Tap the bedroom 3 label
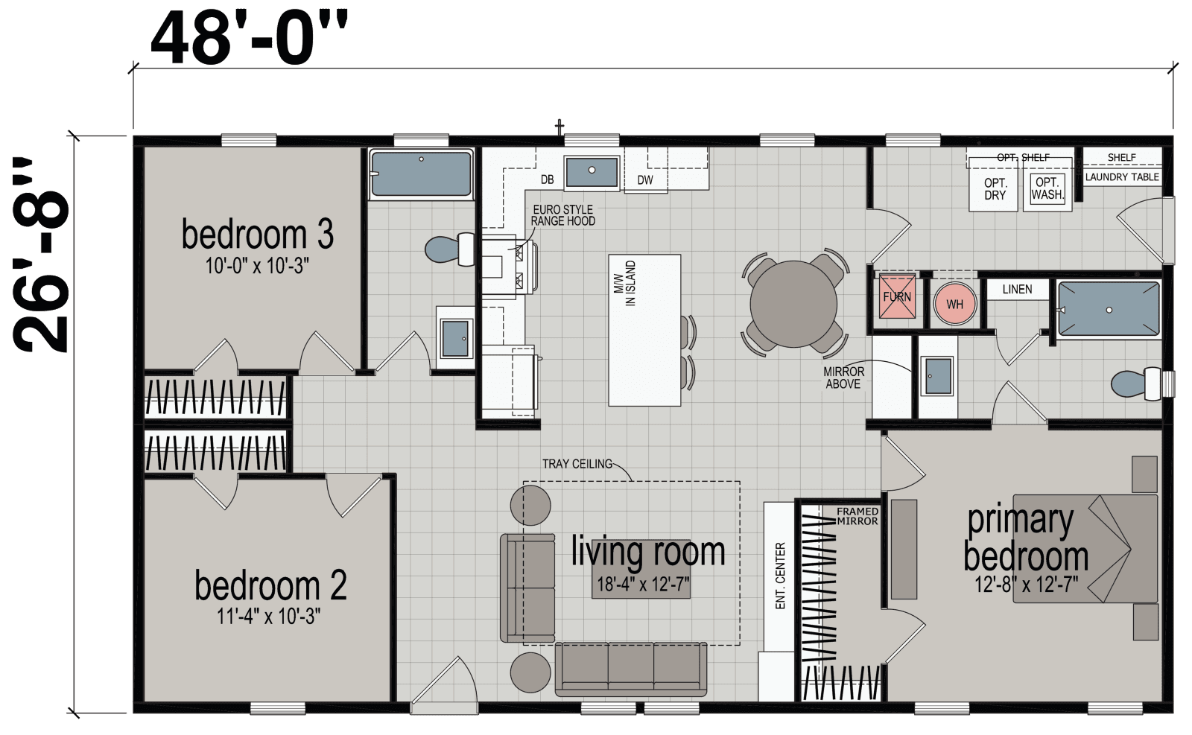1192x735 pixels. coord(257,235)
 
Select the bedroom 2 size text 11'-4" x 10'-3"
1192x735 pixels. coord(270,617)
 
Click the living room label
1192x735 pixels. coord(648,552)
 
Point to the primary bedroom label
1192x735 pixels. coord(1025,538)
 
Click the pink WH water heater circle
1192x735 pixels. coord(954,304)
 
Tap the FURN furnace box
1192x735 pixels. coord(896,296)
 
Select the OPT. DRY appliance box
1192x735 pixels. coord(995,189)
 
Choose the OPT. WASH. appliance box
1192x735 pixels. coord(1047,189)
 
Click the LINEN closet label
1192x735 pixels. coord(1017,289)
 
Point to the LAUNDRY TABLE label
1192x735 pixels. coord(1121,177)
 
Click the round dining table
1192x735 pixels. coord(794,304)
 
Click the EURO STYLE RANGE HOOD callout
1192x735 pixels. coord(562,215)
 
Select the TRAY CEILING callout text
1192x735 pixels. coord(577,464)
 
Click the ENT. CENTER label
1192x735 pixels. coord(780,576)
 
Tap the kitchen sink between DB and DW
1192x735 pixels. coord(592,172)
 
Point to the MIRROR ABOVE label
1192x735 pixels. coord(843,378)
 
